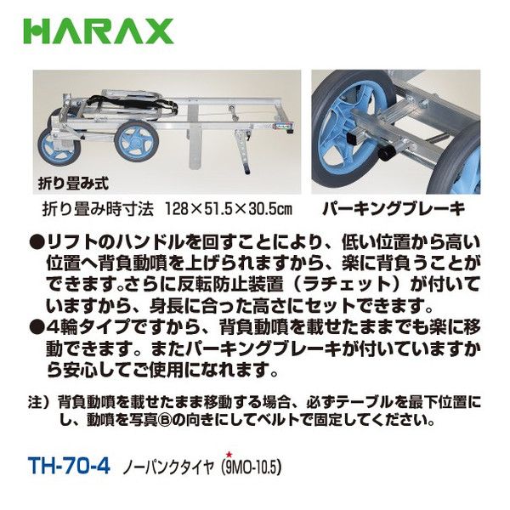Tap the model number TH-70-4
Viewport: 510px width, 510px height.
70,466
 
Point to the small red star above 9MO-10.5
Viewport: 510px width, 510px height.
229,455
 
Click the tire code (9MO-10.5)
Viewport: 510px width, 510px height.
251,467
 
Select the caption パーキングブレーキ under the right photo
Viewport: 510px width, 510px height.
394,209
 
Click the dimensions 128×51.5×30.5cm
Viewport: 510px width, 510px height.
229,209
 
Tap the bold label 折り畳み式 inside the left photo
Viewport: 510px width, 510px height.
73,184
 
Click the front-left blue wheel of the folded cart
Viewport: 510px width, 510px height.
59,148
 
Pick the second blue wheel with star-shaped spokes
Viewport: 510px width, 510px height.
137,141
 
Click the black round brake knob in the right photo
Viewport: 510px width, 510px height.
385,152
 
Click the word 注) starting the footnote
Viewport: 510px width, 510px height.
38,403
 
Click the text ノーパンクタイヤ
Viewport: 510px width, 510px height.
168,468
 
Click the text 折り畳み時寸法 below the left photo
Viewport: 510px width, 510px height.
98,209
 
